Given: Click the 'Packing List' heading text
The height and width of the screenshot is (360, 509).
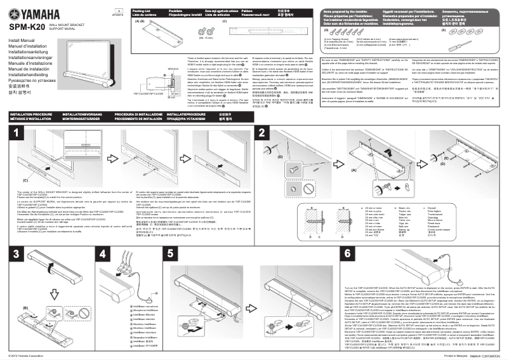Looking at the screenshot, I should coord(143,11).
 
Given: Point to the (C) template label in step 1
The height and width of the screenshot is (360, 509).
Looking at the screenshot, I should coord(43,180).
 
